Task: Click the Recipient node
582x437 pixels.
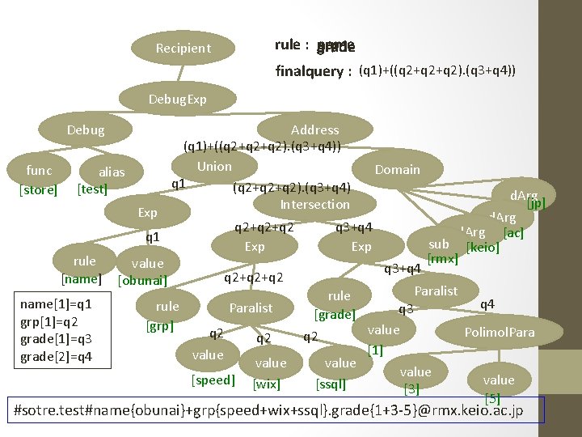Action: pos(183,48)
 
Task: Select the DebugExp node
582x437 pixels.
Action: pos(178,100)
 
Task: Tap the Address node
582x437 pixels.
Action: pos(314,129)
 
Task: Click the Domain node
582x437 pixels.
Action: pos(397,169)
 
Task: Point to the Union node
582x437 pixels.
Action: pos(214,166)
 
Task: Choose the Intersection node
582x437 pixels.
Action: pos(314,204)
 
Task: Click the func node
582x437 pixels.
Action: pos(39,170)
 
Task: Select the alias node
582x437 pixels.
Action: pos(112,172)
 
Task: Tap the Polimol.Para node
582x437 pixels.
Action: pos(500,332)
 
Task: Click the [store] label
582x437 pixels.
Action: pos(38,190)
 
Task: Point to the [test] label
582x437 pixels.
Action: pos(92,189)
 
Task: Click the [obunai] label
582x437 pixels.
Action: pos(142,281)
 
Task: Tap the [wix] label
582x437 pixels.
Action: pos(267,384)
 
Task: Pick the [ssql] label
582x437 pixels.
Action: pos(331,384)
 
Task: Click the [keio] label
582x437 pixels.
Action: pos(483,247)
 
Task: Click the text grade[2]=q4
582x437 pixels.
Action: pos(57,356)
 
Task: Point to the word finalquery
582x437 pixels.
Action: pos(310,71)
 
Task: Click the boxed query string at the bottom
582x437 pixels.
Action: pos(280,410)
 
